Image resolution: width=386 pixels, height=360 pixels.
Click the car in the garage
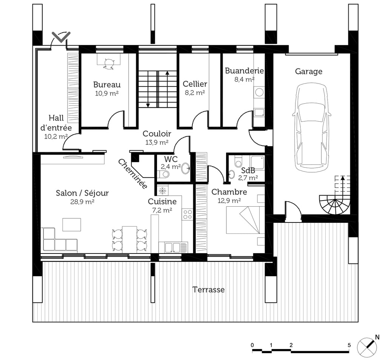click(x=311, y=127)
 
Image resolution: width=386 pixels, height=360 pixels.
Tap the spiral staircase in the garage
click(x=335, y=202)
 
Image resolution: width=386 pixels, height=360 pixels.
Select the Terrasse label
click(x=209, y=289)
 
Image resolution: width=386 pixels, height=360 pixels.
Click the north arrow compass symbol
click(x=367, y=347)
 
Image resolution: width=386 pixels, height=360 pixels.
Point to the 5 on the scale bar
click(x=349, y=345)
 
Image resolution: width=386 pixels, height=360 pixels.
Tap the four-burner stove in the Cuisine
click(x=187, y=214)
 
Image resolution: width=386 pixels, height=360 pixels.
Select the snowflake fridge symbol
click(x=162, y=190)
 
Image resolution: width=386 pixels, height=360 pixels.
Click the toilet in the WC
click(x=163, y=174)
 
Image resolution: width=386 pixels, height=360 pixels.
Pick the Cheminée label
click(x=132, y=174)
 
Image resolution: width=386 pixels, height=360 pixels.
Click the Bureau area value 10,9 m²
click(x=107, y=93)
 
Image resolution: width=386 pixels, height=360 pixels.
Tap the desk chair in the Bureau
click(x=109, y=64)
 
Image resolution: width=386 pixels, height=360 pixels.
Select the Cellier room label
click(x=195, y=84)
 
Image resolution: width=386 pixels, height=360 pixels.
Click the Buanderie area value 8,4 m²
click(x=244, y=79)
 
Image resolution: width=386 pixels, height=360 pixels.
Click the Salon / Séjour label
click(x=82, y=193)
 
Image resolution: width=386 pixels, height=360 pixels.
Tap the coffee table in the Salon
click(x=72, y=224)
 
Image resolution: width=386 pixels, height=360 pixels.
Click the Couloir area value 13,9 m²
click(x=157, y=142)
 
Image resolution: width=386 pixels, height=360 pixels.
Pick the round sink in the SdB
click(x=232, y=174)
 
